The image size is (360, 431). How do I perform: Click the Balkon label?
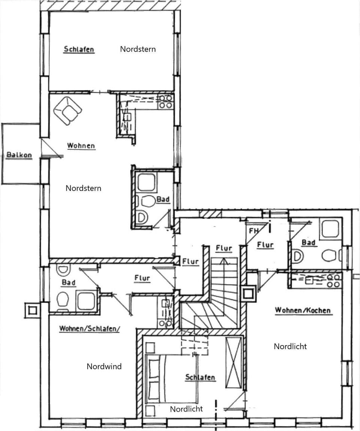tap(19, 155)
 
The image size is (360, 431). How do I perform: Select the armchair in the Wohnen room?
tap(67, 110)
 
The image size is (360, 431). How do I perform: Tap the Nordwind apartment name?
tap(104, 366)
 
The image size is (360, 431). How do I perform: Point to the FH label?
tap(254, 231)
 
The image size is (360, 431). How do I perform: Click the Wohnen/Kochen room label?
tap(303, 310)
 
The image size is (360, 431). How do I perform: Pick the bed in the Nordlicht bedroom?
tap(171, 379)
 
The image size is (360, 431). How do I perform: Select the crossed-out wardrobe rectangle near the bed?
tap(234, 362)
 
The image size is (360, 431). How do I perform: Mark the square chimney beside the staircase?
tap(248, 294)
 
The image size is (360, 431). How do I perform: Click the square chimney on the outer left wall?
tap(32, 310)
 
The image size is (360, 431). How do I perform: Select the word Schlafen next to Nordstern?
tap(79, 49)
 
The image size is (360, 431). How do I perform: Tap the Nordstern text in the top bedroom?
tap(138, 49)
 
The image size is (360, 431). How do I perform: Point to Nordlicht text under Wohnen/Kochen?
tap(290, 347)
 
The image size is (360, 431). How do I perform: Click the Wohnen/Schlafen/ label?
tap(89, 329)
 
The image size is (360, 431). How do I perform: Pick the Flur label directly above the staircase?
tap(224, 248)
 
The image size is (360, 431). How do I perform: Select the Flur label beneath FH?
tap(265, 245)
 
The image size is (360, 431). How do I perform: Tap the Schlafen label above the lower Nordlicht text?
tap(200, 377)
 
